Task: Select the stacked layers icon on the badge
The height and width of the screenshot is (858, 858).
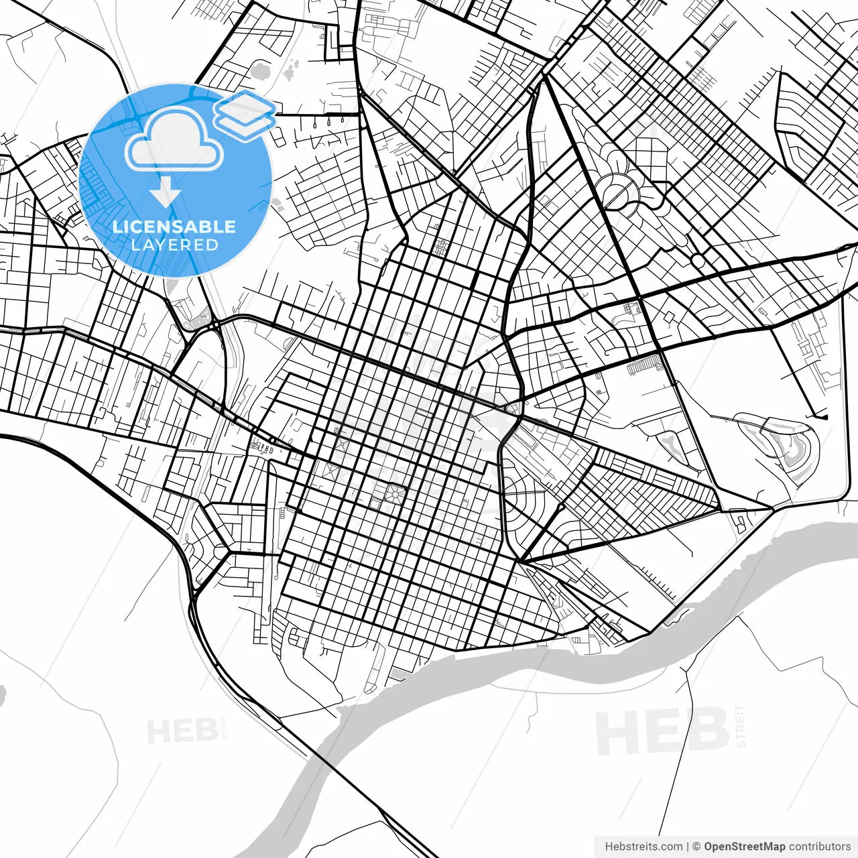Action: tap(245, 114)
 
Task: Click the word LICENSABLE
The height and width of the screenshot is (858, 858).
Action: tap(174, 227)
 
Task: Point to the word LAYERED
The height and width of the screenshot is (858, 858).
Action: tap(174, 245)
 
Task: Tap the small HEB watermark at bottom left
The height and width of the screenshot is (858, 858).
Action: tap(182, 731)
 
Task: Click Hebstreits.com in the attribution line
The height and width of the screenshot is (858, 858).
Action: tap(643, 847)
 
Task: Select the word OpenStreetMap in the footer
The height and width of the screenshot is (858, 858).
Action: tap(744, 847)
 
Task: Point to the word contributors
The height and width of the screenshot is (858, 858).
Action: tap(819, 847)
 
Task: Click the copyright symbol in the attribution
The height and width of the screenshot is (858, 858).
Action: tap(696, 847)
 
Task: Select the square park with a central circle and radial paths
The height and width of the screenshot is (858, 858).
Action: tap(394, 495)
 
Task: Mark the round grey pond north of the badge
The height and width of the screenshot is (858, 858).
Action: tap(260, 69)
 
